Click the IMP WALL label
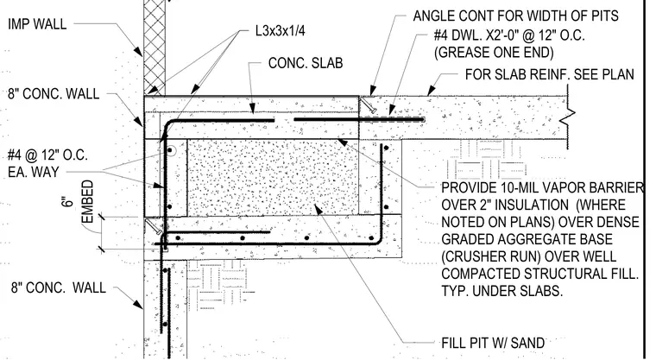37,24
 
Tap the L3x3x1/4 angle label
281,30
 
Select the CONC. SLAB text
306,63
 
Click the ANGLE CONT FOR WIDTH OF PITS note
515,16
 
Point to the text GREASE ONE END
494,53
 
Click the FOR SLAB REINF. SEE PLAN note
550,74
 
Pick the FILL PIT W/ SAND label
493,343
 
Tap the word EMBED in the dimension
87,202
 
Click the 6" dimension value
67,201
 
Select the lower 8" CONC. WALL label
59,288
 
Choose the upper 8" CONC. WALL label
54,93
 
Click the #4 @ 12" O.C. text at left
47,155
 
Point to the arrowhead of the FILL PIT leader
319,209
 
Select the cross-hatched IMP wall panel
155,47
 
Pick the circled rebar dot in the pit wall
170,150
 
